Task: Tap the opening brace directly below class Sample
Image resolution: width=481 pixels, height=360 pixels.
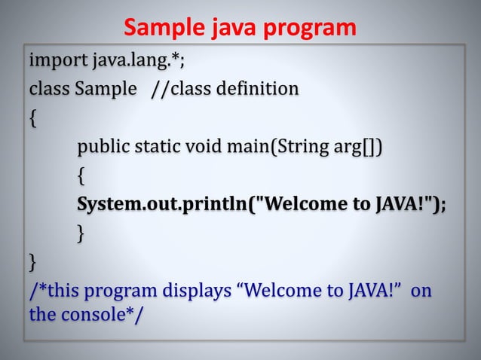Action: (x=32, y=118)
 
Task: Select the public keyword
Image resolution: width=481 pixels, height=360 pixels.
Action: (x=103, y=146)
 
